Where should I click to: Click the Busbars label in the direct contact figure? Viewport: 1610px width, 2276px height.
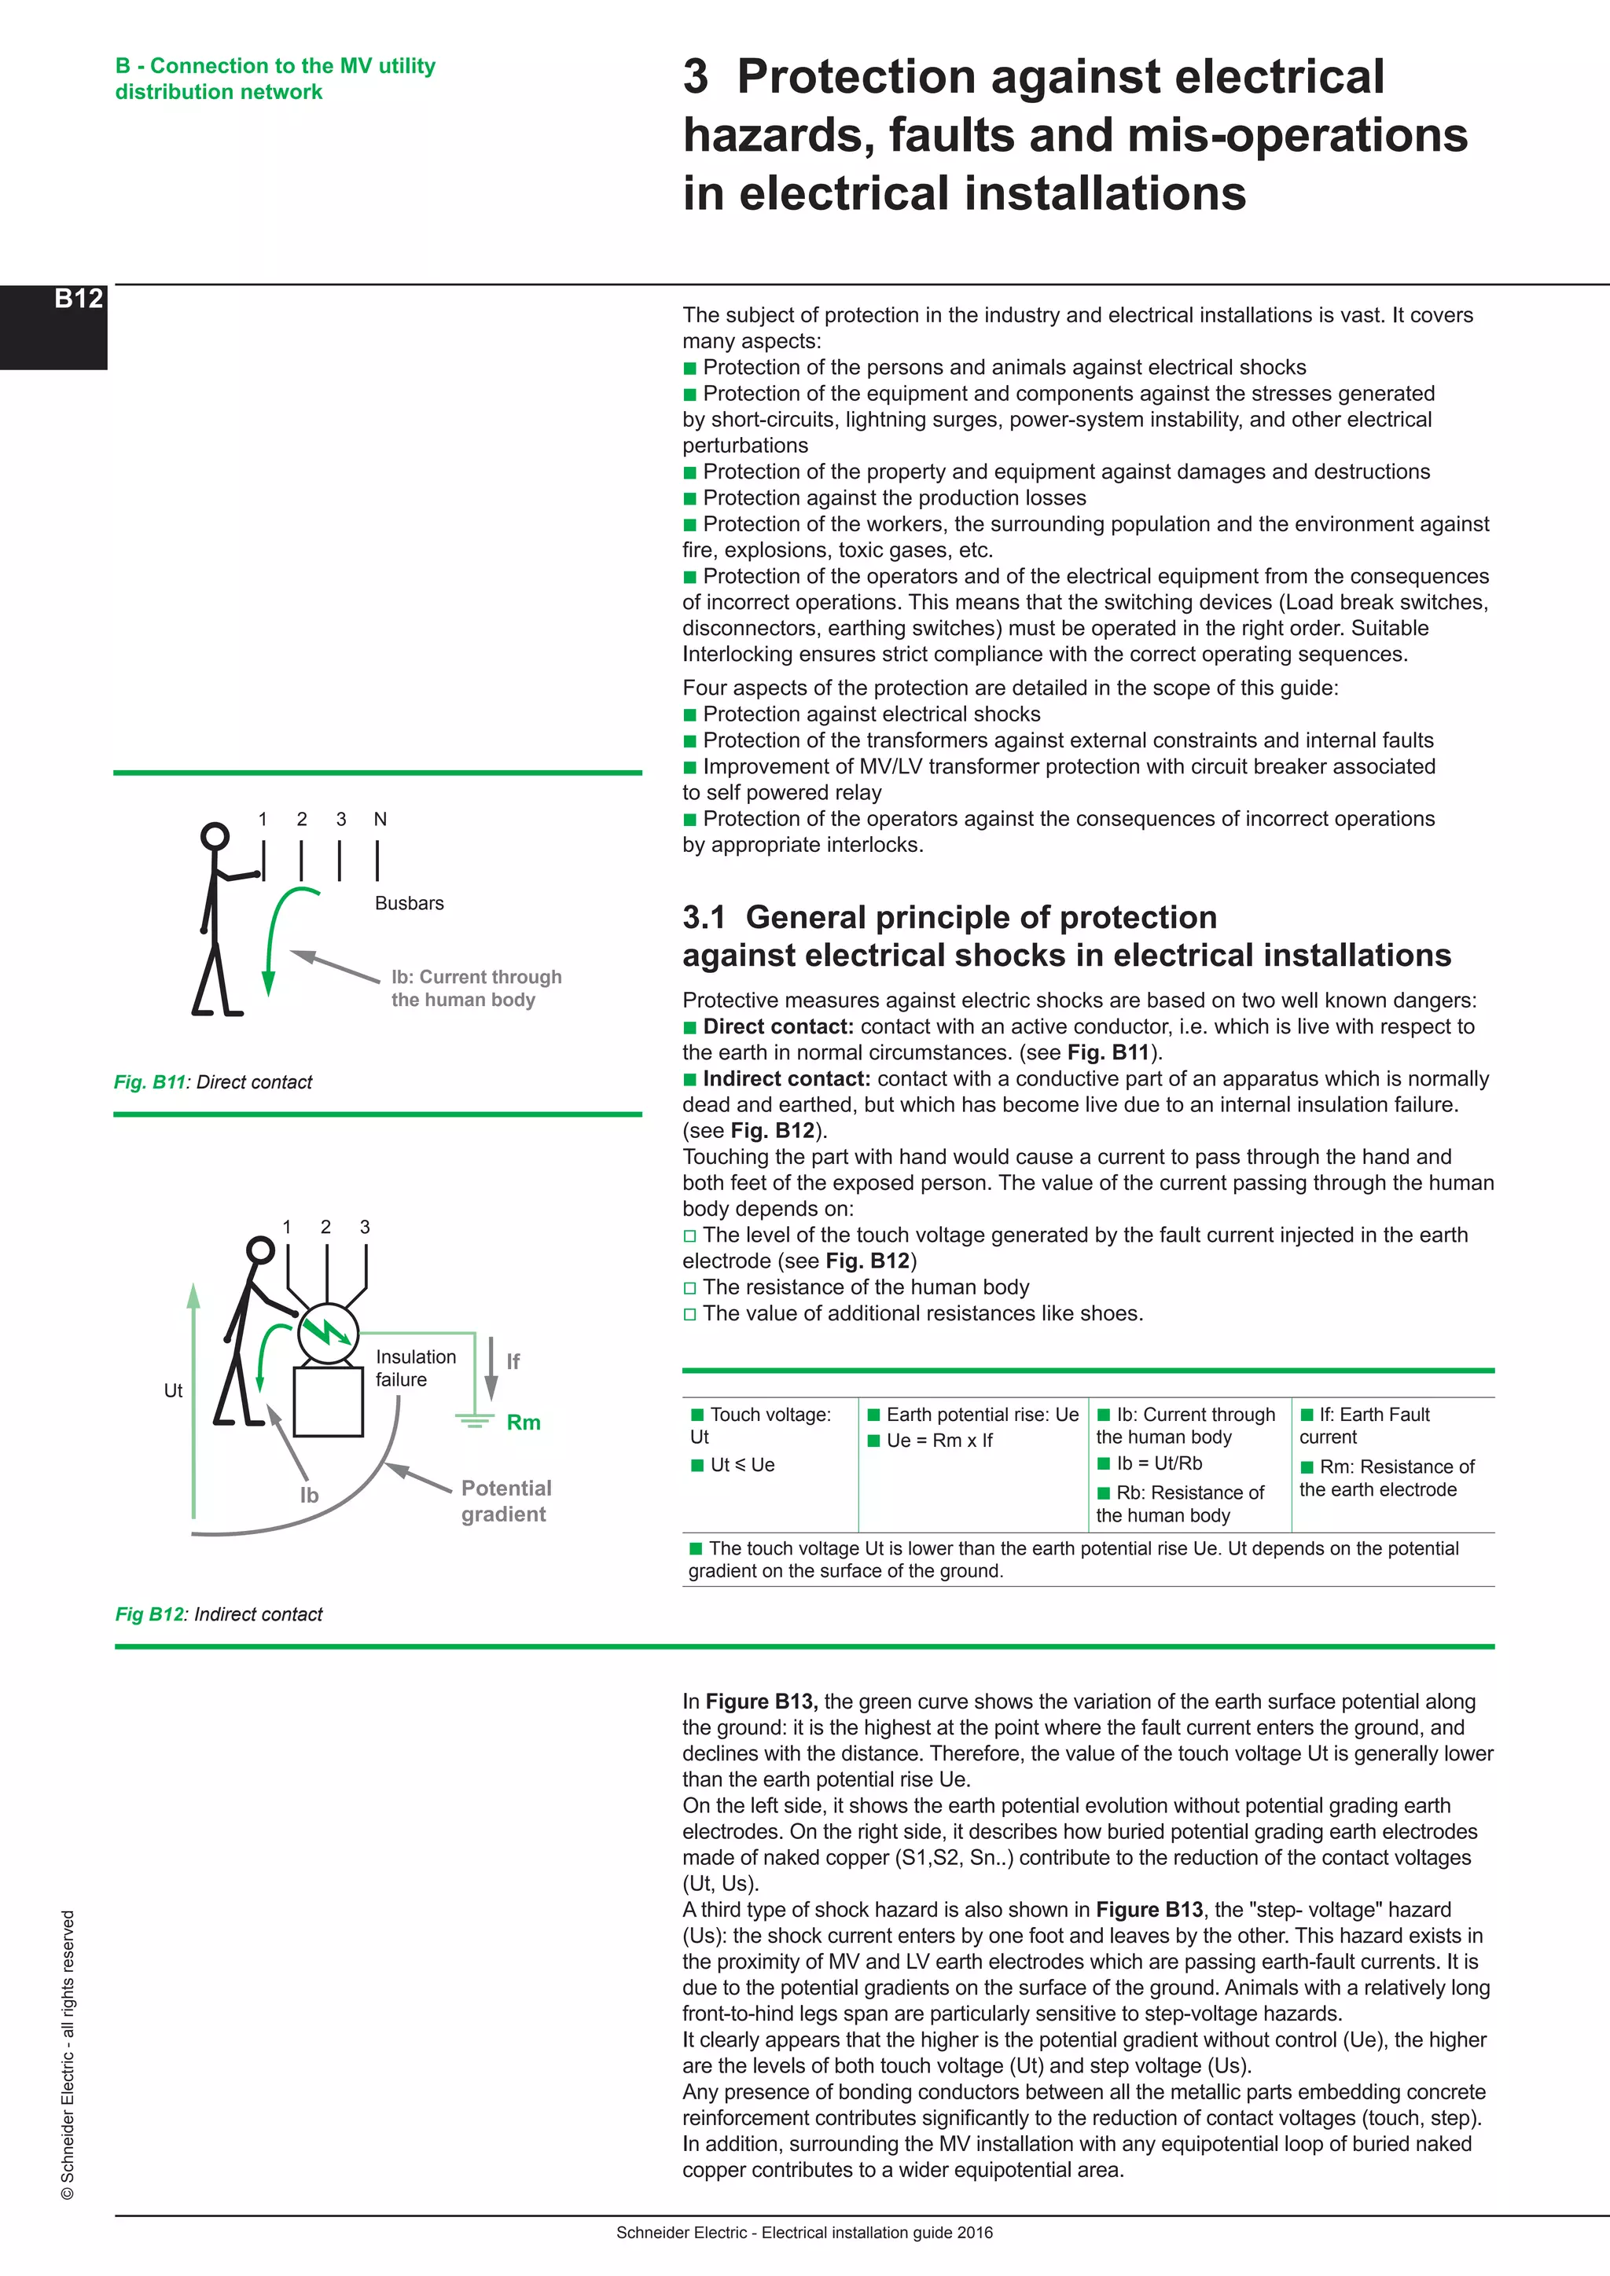point(409,903)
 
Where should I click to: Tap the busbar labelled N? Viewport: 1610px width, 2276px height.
point(377,860)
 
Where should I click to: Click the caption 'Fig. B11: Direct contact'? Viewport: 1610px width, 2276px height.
point(213,1081)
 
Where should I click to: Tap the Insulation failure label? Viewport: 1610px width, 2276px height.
point(415,1368)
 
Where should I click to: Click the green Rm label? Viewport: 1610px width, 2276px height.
point(524,1422)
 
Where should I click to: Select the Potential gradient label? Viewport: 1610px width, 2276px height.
point(505,1501)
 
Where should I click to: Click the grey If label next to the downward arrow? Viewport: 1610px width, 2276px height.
point(513,1361)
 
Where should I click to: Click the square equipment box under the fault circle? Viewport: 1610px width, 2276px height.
point(328,1402)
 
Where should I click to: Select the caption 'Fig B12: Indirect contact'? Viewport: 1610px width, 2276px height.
point(219,1613)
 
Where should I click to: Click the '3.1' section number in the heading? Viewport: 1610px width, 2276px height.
point(704,917)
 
